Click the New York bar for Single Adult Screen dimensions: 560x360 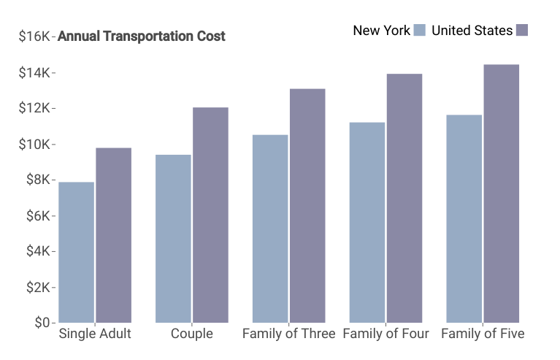tap(77, 253)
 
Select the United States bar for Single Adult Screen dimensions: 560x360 tap(114, 235)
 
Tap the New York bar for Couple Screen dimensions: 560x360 tap(173, 239)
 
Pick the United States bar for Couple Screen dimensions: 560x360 tap(211, 215)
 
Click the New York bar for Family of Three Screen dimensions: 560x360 tap(270, 229)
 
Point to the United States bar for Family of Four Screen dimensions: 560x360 tap(404, 198)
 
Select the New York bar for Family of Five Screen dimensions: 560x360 tap(464, 219)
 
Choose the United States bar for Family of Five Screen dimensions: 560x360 tap(502, 194)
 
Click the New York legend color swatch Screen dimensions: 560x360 tap(420, 31)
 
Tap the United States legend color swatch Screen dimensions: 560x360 tap(522, 31)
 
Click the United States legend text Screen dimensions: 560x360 tap(472, 31)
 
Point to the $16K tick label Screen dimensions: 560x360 tap(34, 36)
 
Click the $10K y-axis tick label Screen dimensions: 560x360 tap(34, 145)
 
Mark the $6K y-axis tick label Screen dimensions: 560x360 tap(38, 215)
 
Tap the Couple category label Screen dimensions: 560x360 tap(192, 334)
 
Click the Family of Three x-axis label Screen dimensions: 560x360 tap(289, 334)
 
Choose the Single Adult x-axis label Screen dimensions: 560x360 tap(95, 334)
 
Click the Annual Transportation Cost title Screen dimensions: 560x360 tap(142, 36)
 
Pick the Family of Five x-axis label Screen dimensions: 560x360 tap(483, 334)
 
